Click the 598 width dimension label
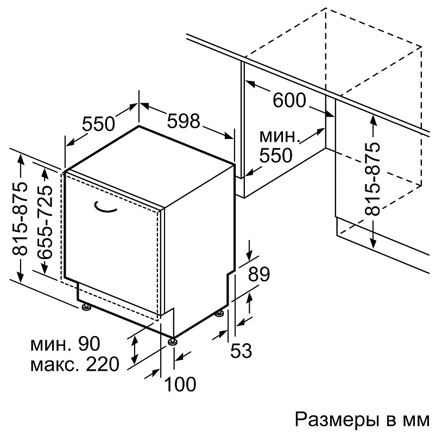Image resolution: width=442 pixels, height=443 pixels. coord(184,121)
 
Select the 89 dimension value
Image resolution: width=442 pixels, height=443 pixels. coord(258,274)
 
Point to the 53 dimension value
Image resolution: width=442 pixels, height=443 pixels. coord(241,351)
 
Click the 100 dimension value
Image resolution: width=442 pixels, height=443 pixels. coord(180,384)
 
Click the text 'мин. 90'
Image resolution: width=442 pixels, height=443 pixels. coord(66,344)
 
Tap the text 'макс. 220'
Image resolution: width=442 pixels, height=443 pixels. coord(75,364)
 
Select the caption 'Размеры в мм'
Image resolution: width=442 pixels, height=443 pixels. coord(362,419)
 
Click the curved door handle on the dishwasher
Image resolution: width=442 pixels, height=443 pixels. coord(106,206)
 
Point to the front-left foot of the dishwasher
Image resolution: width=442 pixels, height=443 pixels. coord(86,308)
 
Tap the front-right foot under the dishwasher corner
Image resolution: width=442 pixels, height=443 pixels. coord(173,341)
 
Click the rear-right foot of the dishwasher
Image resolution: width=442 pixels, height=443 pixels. coord(220,313)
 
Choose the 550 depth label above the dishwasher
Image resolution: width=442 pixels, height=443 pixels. coord(99,124)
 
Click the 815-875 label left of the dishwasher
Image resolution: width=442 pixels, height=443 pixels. coord(20,217)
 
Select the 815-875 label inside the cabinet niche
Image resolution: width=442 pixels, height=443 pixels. coord(372,180)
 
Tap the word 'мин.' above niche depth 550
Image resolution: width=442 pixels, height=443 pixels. coord(279,136)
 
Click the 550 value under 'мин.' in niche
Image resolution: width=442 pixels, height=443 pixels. coord(275,156)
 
